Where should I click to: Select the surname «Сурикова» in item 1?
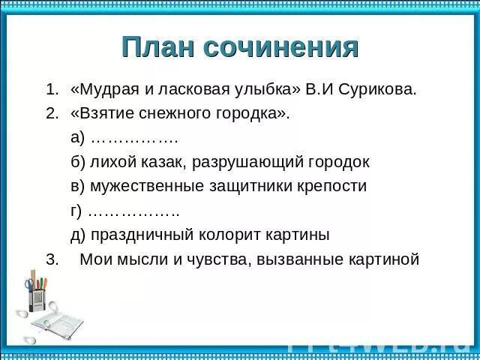click(x=379, y=90)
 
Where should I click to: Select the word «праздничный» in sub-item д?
click(x=143, y=235)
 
